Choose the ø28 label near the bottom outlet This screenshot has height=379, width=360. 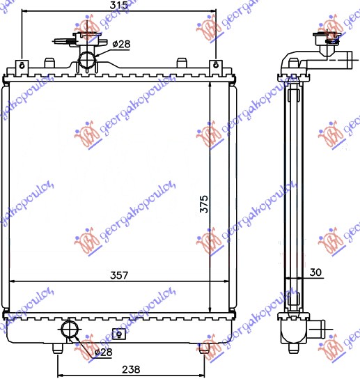pos(102,353)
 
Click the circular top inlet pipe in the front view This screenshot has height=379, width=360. pos(87,60)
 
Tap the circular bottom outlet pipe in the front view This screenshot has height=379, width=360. pos(70,329)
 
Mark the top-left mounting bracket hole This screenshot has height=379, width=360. pos(22,66)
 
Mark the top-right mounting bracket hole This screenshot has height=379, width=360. pos(216,66)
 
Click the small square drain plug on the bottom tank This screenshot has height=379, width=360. pos(118,332)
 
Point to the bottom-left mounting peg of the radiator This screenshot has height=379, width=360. pos(56,346)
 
